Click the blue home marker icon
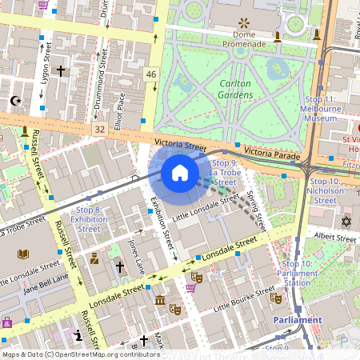180,173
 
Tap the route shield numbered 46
151,74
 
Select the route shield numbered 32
98,129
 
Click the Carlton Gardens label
235,89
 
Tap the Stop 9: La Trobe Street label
225,172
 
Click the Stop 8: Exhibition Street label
89,218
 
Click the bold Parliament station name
297,320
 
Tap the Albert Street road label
334,238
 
